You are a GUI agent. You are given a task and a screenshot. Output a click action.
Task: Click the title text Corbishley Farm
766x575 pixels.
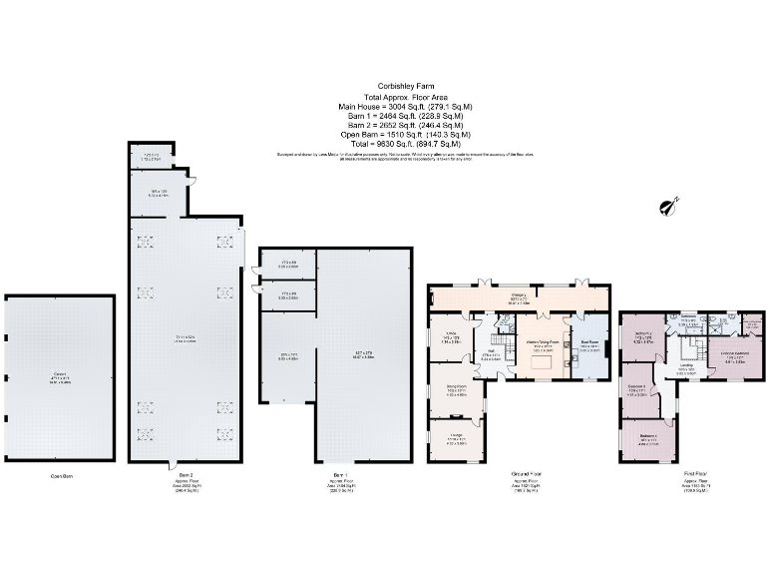405,86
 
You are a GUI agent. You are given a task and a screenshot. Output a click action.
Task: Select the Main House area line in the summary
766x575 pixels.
405,106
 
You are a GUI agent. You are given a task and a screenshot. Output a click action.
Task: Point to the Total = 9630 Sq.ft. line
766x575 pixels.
405,144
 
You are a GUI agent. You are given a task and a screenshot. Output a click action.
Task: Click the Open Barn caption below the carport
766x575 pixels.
62,476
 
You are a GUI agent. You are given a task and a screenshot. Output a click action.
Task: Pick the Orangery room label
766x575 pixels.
520,293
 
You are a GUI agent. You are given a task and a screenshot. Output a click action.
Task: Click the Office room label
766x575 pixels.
450,334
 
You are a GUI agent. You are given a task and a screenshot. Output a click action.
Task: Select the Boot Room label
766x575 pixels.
588,345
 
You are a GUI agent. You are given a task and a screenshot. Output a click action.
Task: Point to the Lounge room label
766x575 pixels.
457,438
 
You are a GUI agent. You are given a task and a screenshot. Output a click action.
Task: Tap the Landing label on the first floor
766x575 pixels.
686,367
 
